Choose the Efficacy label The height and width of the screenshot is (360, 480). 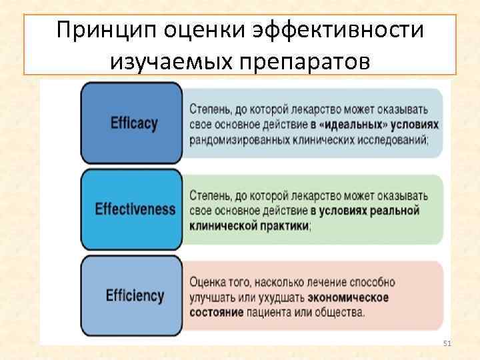[133, 123]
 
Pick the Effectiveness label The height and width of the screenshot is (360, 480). [135, 208]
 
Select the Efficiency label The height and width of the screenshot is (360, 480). [135, 295]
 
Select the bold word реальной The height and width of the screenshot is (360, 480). [393, 211]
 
